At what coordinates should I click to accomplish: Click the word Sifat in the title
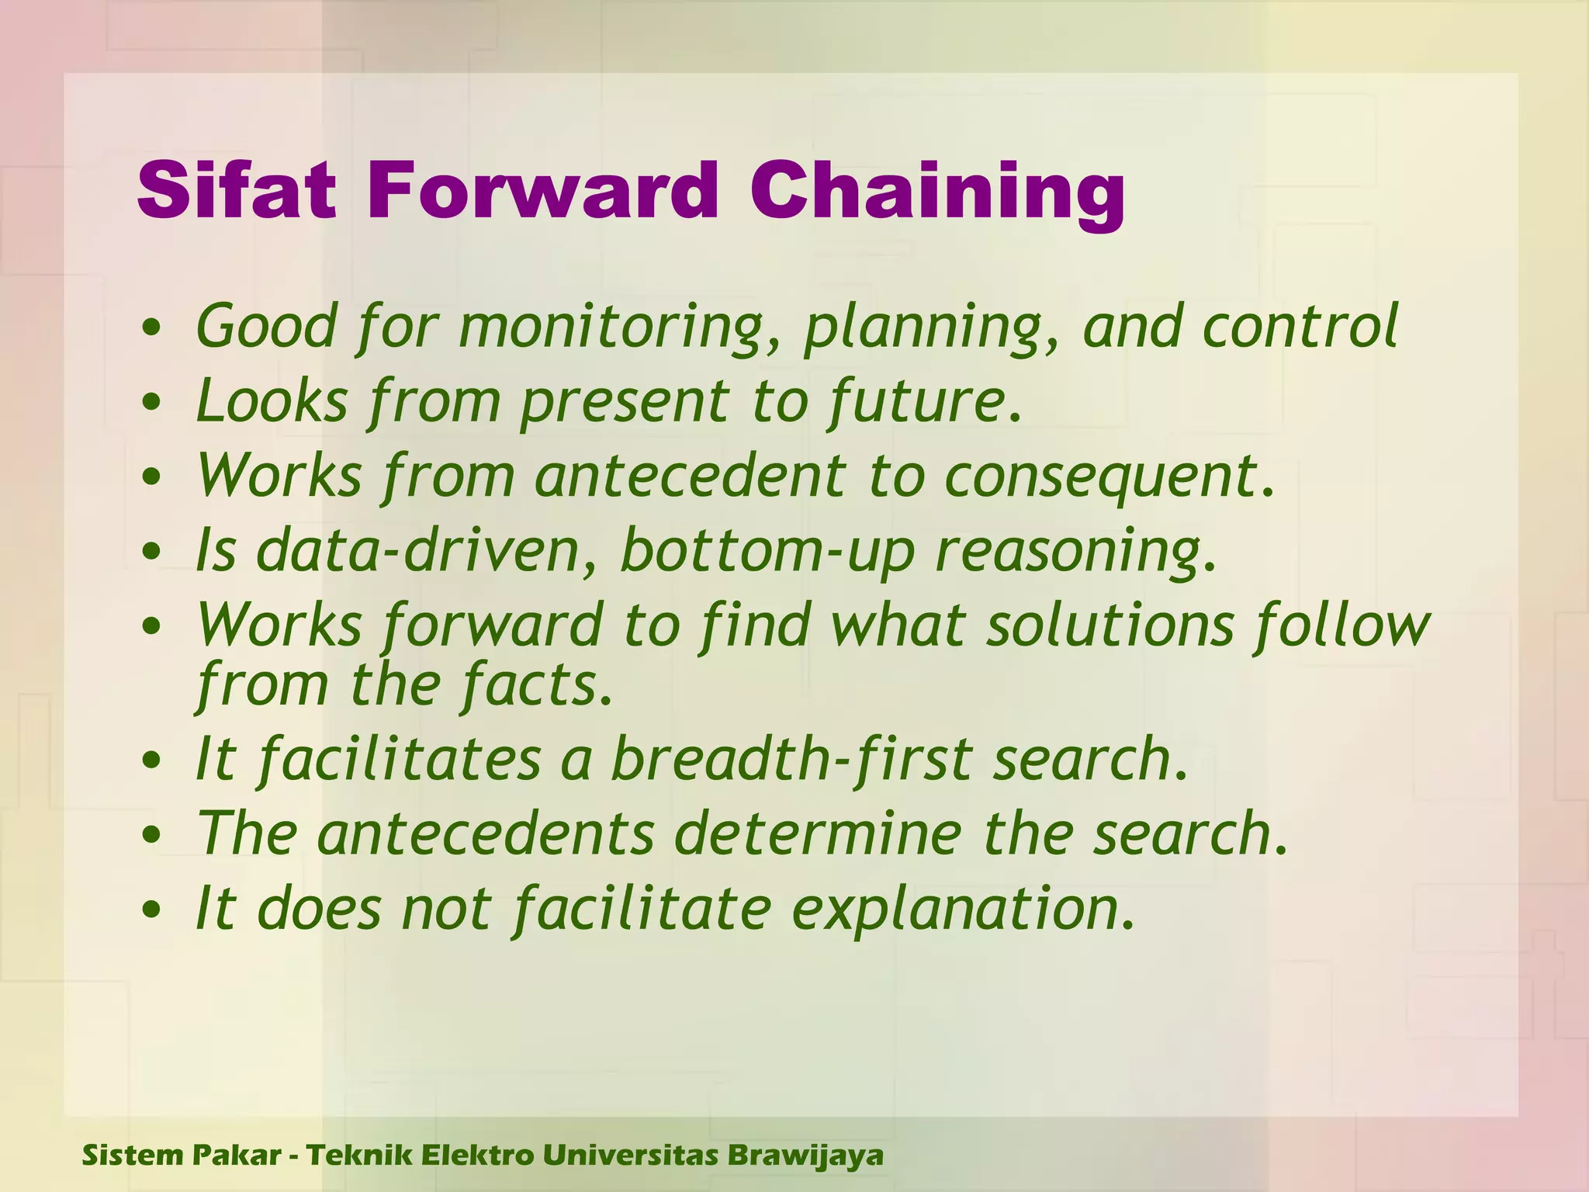[237, 191]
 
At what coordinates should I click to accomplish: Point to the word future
[923, 401]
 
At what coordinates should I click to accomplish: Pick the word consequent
[1110, 475]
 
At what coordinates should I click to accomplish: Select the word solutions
[1110, 625]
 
